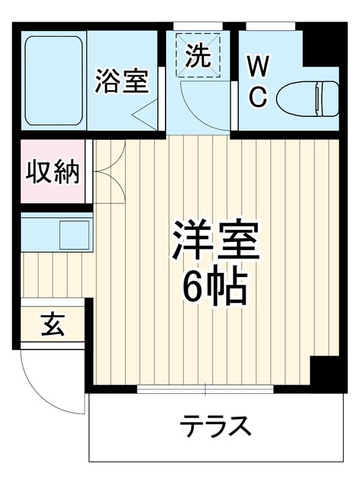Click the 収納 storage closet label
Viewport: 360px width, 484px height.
click(53, 173)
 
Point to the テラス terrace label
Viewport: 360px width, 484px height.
click(215, 428)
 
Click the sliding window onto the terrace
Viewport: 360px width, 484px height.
click(205, 389)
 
